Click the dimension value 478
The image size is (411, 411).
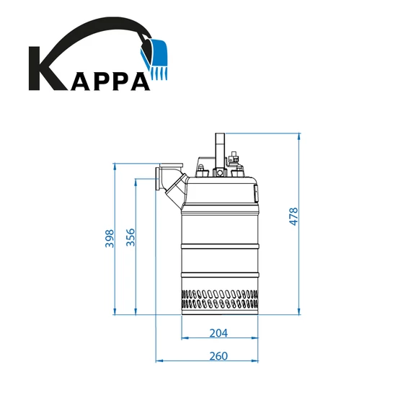pyautogui.click(x=293, y=216)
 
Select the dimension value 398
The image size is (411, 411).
pyautogui.click(x=110, y=239)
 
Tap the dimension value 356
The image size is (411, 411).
pyautogui.click(x=131, y=239)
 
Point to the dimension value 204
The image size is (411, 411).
pyautogui.click(x=218, y=332)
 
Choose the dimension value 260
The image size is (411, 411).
pyautogui.click(x=218, y=355)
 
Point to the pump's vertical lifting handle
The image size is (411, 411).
pyautogui.click(x=220, y=148)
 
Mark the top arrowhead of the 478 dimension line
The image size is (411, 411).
pyautogui.click(x=299, y=136)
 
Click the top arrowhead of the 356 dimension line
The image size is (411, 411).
pyautogui.click(x=136, y=182)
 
